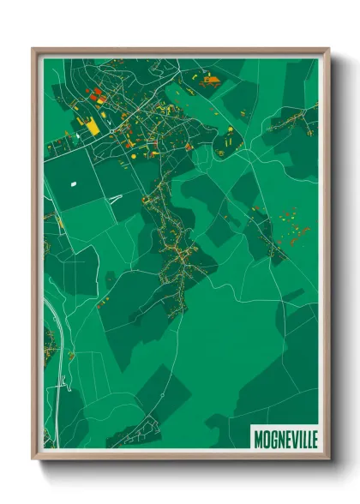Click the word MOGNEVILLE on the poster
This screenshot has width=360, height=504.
point(285,439)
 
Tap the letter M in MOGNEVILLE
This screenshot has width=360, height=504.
point(258,439)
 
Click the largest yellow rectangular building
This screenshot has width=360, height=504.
point(92,126)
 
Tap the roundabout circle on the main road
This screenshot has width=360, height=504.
point(158,106)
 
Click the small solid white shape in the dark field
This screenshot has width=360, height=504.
point(73,183)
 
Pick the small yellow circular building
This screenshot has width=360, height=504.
point(230,129)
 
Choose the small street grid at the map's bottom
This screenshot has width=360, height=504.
point(137,434)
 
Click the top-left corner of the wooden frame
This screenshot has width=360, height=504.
point(34,50)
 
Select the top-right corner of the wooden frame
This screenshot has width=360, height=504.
point(327,50)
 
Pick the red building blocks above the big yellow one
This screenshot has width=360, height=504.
point(97,95)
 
